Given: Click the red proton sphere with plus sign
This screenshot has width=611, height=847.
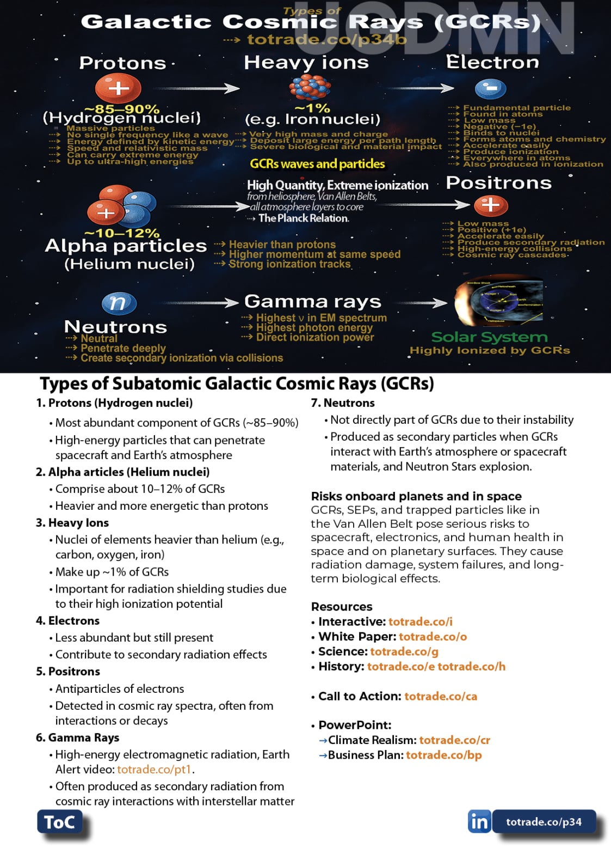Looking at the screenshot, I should pyautogui.click(x=118, y=88).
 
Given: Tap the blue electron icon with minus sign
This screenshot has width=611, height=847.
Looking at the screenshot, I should pyautogui.click(x=490, y=88).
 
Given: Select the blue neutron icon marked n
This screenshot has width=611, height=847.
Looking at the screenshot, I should pyautogui.click(x=119, y=303).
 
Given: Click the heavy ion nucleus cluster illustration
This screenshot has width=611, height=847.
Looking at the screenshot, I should pyautogui.click(x=310, y=87).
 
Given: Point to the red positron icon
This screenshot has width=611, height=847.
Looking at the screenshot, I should pyautogui.click(x=491, y=205).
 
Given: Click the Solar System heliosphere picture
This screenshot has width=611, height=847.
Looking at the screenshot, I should pyautogui.click(x=498, y=302).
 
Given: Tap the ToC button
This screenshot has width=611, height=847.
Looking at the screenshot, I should pyautogui.click(x=59, y=821).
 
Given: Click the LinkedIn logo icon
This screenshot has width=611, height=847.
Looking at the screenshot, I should pyautogui.click(x=479, y=821).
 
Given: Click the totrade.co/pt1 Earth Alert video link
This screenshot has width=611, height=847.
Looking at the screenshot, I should pyautogui.click(x=154, y=769).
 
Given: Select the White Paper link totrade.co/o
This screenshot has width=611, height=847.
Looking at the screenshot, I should pyautogui.click(x=433, y=636).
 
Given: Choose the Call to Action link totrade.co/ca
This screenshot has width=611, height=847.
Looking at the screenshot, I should pyautogui.click(x=441, y=696).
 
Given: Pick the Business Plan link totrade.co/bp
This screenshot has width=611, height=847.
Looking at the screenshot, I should pyautogui.click(x=443, y=755).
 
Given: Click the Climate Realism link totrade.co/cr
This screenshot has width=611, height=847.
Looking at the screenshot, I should pyautogui.click(x=454, y=740).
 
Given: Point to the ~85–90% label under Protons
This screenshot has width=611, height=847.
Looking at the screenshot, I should pyautogui.click(x=122, y=109).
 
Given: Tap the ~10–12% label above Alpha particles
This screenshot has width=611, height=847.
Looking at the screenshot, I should pyautogui.click(x=122, y=233).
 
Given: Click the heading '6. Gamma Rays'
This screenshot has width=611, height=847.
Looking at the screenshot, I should pyautogui.click(x=78, y=738).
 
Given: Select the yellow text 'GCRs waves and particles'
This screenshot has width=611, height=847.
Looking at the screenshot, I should pyautogui.click(x=317, y=164).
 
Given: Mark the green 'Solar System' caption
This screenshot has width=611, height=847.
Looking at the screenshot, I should pyautogui.click(x=489, y=337).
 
